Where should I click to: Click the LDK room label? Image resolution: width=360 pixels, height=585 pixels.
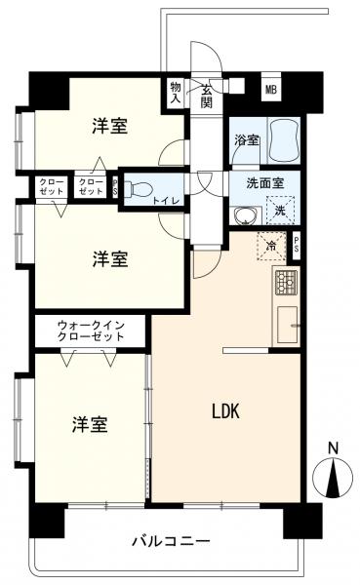[x=227, y=412]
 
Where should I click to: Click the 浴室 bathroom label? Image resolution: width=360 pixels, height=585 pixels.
[x=246, y=140]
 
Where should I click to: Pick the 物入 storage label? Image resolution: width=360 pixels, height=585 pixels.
[x=176, y=92]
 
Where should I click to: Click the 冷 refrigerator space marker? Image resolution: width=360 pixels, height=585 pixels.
[x=269, y=246]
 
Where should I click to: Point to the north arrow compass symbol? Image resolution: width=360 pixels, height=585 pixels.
[x=333, y=478]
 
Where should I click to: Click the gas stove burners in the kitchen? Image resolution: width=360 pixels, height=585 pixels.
[x=286, y=282]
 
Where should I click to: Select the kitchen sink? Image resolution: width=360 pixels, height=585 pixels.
[x=288, y=325]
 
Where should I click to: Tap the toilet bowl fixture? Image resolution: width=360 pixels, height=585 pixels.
[x=137, y=188]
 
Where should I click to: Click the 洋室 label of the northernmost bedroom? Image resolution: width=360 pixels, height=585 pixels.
[x=112, y=126]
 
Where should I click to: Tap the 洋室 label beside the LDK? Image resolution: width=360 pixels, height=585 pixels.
[x=89, y=424]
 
